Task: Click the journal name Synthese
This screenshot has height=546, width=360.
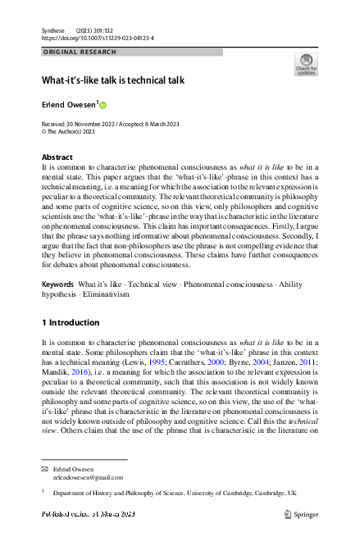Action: [x=53, y=30]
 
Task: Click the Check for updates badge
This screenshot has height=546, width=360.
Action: [x=305, y=65]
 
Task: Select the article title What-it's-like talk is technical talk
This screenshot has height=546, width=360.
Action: [x=113, y=80]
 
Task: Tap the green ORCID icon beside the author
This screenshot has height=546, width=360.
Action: [x=103, y=105]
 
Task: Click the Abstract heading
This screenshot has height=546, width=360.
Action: [x=57, y=157]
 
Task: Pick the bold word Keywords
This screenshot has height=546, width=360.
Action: [x=58, y=283]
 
